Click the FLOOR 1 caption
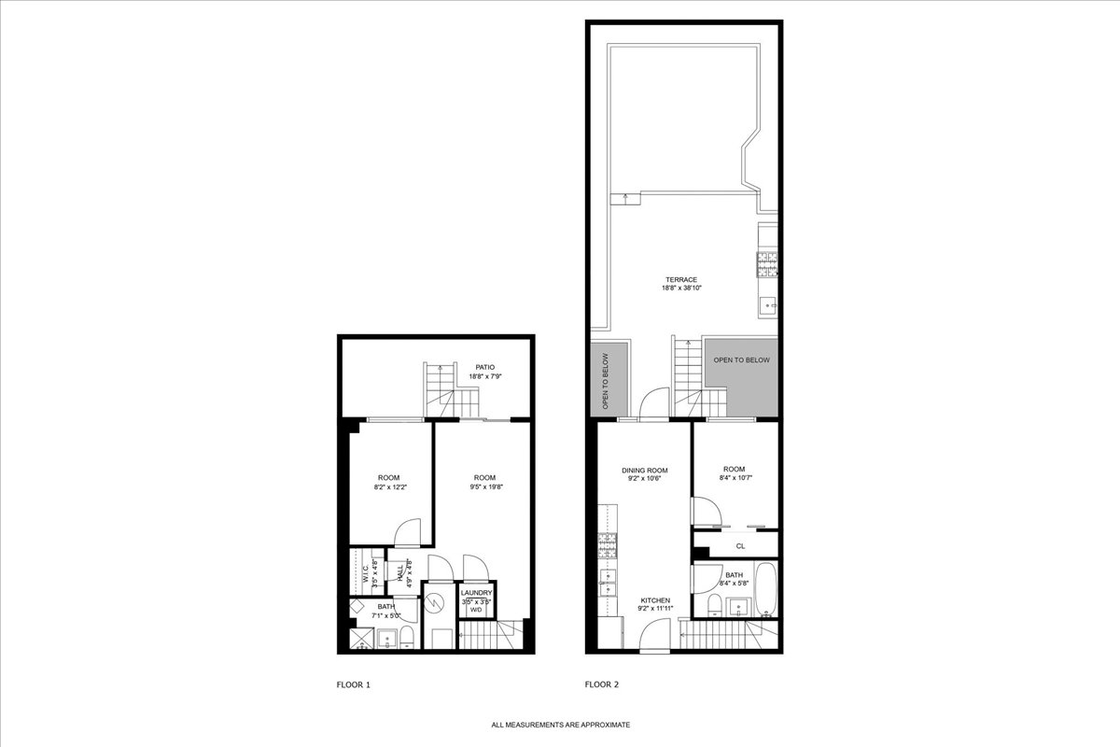point(354,684)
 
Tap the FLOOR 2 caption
point(602,684)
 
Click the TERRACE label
point(681,279)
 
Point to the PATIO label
point(484,367)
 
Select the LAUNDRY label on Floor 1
point(476,593)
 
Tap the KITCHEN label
point(654,600)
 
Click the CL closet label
point(740,545)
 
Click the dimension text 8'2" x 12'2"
point(389,486)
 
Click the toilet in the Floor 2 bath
point(714,604)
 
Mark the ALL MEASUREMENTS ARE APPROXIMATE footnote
point(561,725)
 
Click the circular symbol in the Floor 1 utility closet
point(433,604)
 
